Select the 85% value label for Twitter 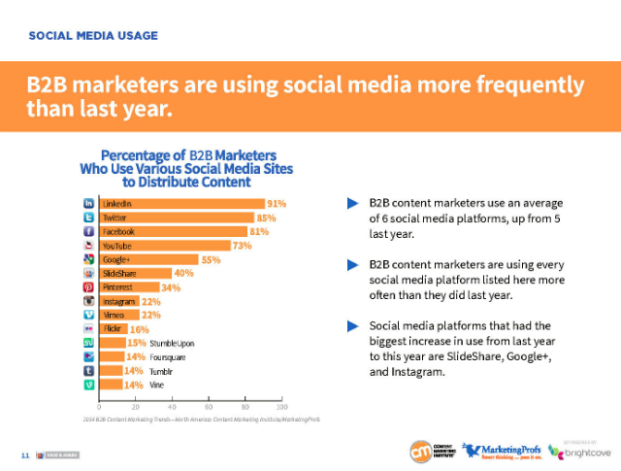[268, 219]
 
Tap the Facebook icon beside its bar [89, 232]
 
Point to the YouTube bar [165, 246]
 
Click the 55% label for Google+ [211, 260]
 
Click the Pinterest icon [89, 288]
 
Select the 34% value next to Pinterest [171, 288]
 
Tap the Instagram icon [89, 302]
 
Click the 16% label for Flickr [141, 330]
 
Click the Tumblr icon [89, 371]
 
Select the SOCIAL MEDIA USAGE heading [93, 36]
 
